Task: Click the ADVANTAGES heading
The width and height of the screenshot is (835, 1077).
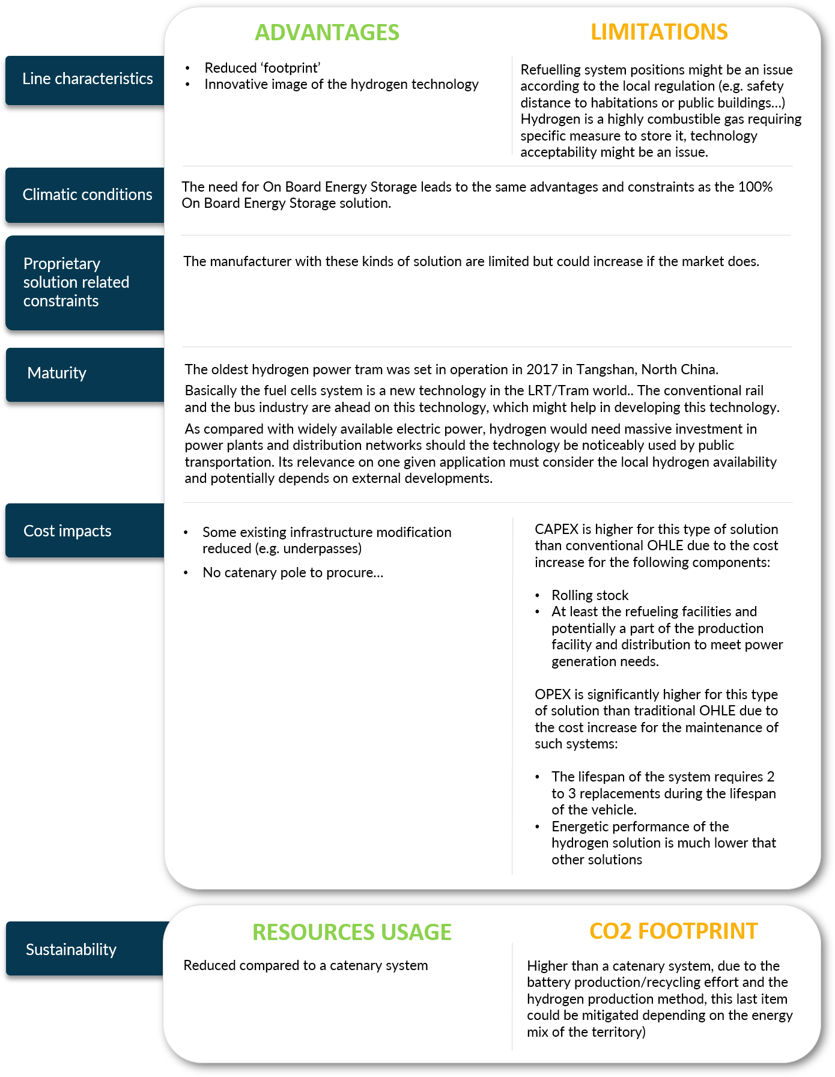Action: pyautogui.click(x=327, y=32)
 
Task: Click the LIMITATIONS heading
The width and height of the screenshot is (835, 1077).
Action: pyautogui.click(x=659, y=32)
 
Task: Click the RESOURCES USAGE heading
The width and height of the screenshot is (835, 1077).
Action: pyautogui.click(x=351, y=932)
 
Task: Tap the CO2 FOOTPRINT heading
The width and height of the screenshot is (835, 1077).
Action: pyautogui.click(x=673, y=930)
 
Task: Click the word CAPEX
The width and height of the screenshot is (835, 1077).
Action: pyautogui.click(x=556, y=529)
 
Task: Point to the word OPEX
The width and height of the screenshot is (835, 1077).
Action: pyautogui.click(x=553, y=694)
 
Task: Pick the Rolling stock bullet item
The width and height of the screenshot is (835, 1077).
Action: pyautogui.click(x=590, y=595)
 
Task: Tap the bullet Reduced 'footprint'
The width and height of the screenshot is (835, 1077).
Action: pyautogui.click(x=263, y=68)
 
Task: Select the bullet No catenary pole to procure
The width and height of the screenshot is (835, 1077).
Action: pyautogui.click(x=293, y=572)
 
